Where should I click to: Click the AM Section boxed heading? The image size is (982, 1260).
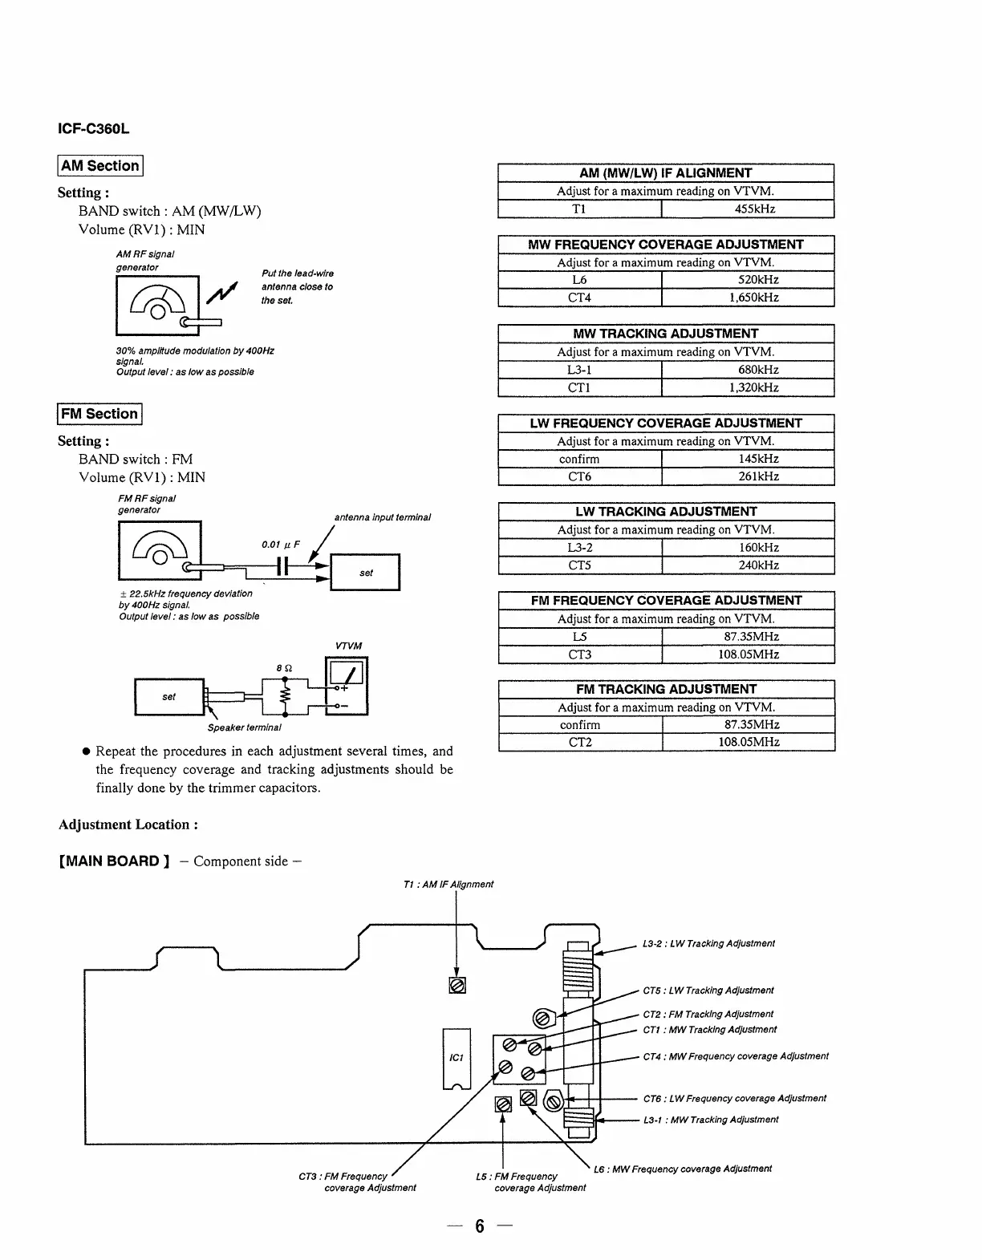[100, 166]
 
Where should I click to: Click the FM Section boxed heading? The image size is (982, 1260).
[99, 414]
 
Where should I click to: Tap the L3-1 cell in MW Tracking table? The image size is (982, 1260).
[579, 370]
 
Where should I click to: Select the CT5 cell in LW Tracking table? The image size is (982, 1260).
[579, 565]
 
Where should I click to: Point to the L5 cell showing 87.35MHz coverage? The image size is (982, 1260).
[579, 637]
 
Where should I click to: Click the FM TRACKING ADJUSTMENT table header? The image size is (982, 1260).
[666, 689]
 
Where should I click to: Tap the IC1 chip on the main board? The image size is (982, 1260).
[457, 1058]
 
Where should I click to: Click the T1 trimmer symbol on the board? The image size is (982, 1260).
[457, 985]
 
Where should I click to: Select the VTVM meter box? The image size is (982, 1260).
[346, 686]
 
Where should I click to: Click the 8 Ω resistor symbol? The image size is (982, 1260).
[283, 695]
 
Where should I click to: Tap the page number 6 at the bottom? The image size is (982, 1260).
[480, 1226]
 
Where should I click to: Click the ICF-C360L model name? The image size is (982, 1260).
[94, 128]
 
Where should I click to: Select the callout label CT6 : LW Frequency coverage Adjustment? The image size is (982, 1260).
[734, 1099]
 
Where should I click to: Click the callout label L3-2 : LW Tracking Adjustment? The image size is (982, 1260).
[708, 944]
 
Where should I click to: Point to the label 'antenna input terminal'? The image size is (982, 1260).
[382, 517]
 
